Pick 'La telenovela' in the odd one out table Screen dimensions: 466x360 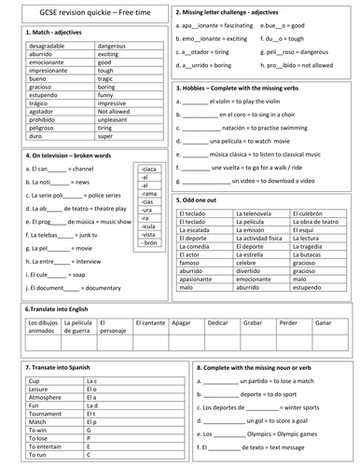(x=256, y=213)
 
